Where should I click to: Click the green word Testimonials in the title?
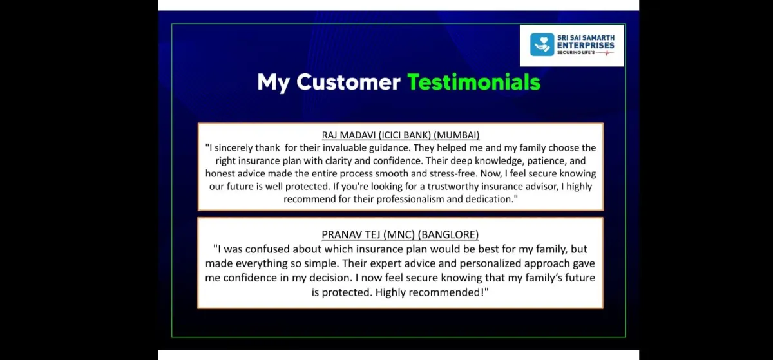[x=474, y=82]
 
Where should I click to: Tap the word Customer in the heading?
[x=348, y=82]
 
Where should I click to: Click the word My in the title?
[x=273, y=83]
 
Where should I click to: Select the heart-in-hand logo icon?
[x=542, y=44]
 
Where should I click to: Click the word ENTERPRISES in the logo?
[x=586, y=45]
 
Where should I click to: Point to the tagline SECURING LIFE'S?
[x=576, y=52]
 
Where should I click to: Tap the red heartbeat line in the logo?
[x=605, y=52]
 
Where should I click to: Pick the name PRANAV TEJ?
[x=351, y=234]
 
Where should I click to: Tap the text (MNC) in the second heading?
[x=399, y=234]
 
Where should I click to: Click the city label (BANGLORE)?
[x=448, y=234]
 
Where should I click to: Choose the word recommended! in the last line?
[x=447, y=292]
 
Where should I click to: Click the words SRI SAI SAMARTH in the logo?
[x=586, y=37]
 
